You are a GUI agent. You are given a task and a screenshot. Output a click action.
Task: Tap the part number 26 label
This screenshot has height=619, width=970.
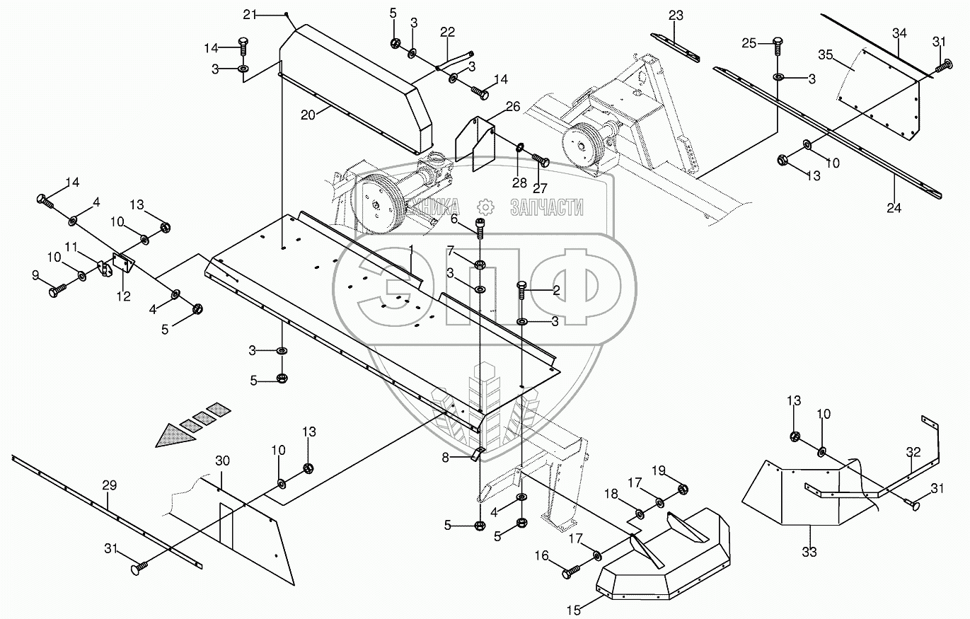(512, 108)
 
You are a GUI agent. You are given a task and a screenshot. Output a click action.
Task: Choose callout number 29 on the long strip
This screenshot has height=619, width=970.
(108, 485)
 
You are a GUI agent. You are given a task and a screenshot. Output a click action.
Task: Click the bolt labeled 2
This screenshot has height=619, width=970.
(522, 290)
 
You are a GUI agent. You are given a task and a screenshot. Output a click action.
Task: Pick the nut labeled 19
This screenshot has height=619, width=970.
(683, 489)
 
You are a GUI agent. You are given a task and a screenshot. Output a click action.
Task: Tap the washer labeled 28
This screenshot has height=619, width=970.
(519, 149)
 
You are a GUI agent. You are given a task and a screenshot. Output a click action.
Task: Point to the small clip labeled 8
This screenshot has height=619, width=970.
(477, 453)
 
